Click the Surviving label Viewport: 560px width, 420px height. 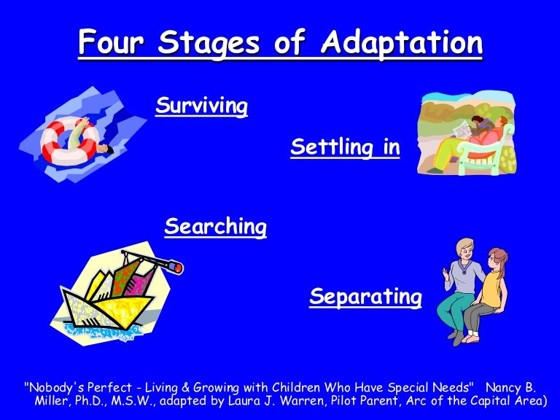click(201, 106)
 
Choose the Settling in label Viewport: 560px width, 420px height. click(345, 147)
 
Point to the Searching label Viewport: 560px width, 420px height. click(215, 227)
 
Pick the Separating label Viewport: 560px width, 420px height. click(365, 297)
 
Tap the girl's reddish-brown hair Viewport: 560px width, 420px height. click(498, 259)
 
